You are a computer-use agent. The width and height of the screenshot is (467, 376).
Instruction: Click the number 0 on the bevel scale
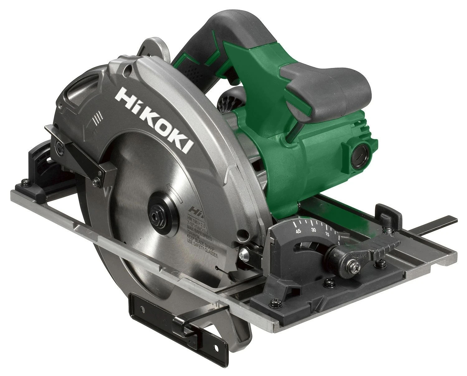coord(339,243)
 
